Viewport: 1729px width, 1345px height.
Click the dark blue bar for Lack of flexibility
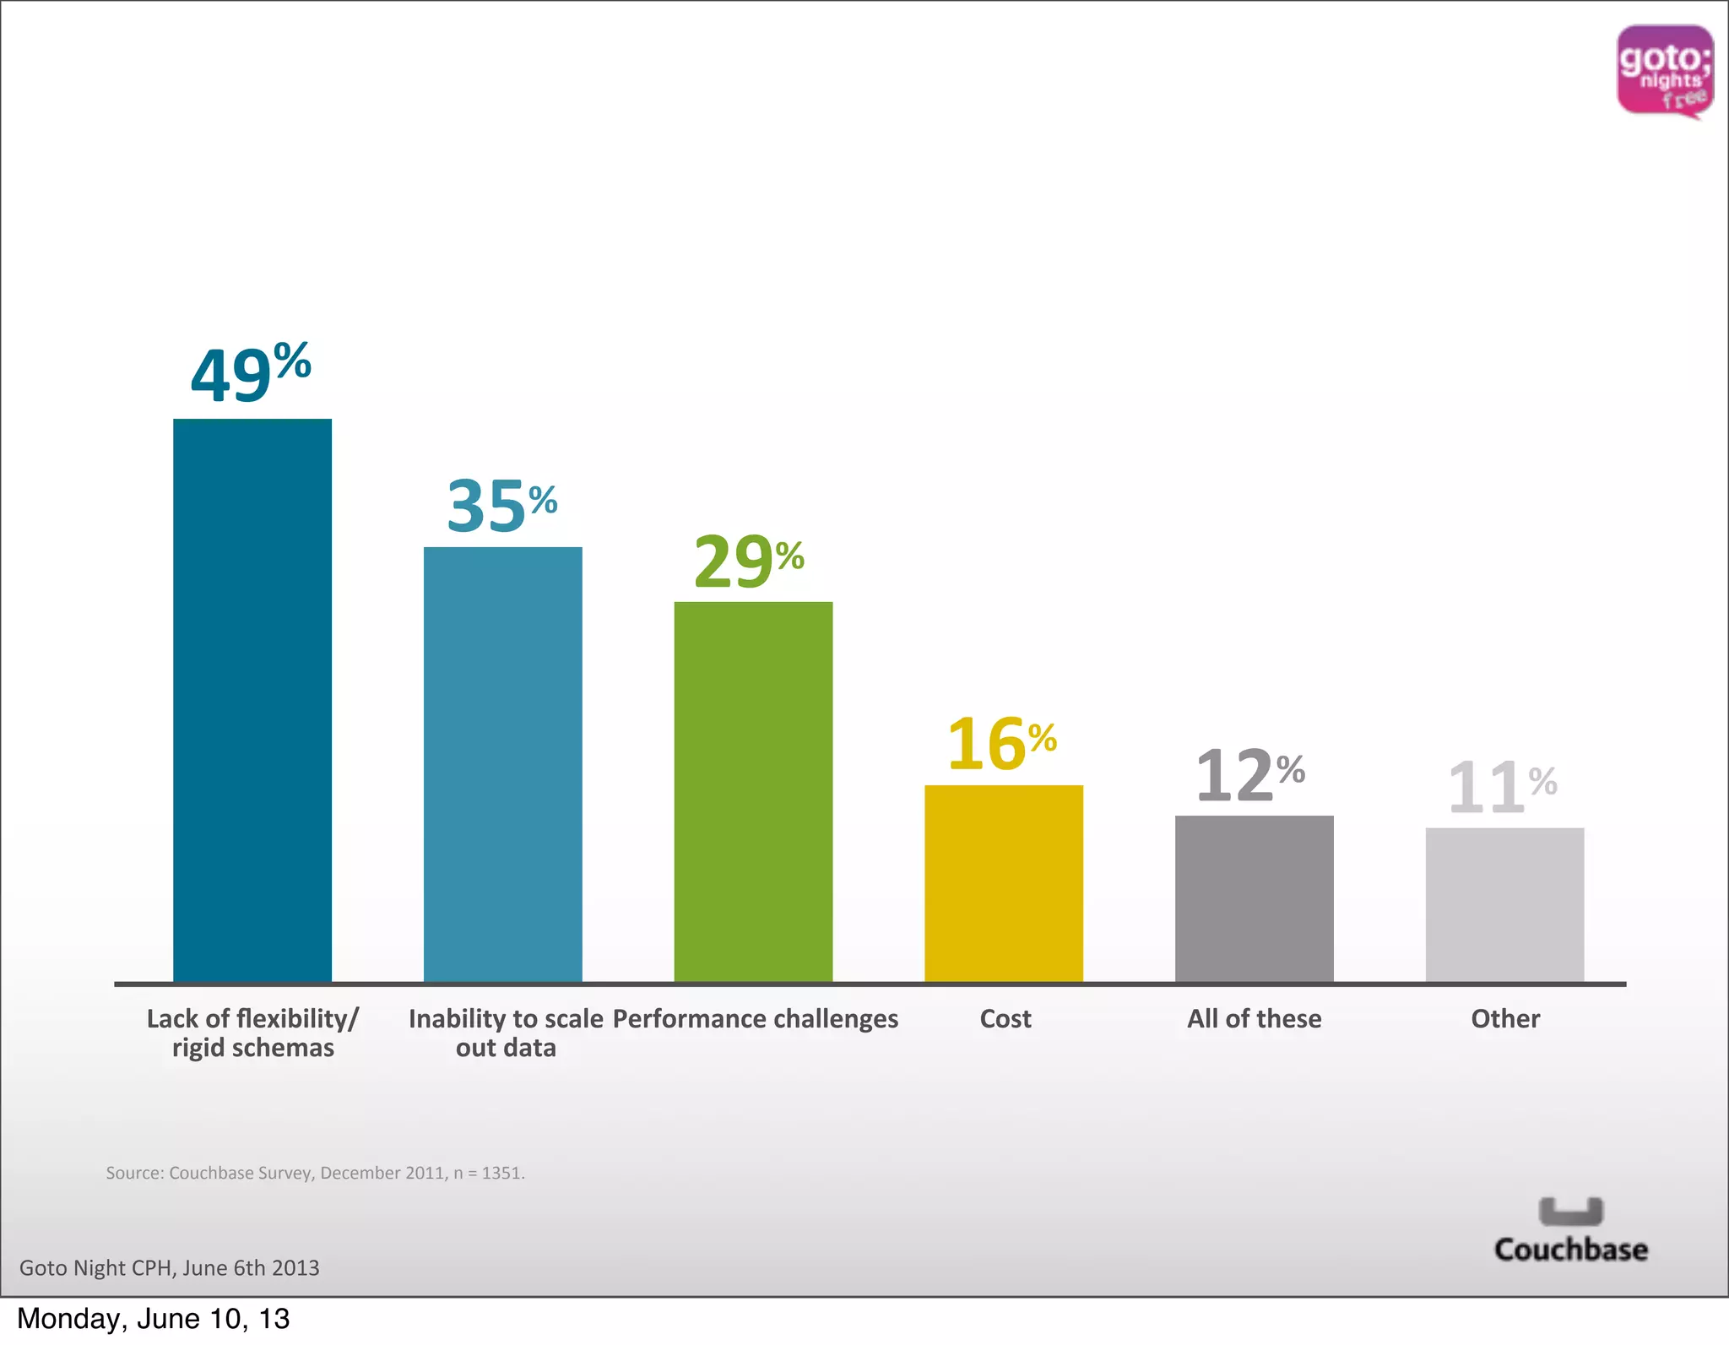[x=252, y=701]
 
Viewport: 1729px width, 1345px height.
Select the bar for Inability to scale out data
[x=502, y=764]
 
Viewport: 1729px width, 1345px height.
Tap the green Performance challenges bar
[x=753, y=792]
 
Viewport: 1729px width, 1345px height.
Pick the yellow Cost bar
[x=1003, y=883]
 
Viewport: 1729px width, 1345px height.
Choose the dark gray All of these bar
[x=1254, y=898]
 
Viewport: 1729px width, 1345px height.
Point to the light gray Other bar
[x=1504, y=904]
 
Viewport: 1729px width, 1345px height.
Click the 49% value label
[x=251, y=372]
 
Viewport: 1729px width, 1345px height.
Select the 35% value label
[x=501, y=506]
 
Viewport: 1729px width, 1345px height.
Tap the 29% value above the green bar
[x=749, y=561]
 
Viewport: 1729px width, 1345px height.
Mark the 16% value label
[x=1001, y=744]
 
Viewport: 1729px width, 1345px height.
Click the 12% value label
[x=1250, y=775]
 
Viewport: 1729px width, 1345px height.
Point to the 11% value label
[x=1502, y=787]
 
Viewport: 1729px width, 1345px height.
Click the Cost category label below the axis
[x=1005, y=1018]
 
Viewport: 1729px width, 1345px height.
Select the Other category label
[x=1505, y=1018]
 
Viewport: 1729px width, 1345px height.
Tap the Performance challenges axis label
[x=755, y=1019]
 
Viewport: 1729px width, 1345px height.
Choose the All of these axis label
[x=1254, y=1018]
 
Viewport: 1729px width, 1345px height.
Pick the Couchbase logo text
[x=1570, y=1249]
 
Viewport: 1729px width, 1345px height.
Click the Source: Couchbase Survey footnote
[x=315, y=1173]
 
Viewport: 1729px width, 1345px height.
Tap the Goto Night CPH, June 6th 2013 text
[x=170, y=1267]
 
